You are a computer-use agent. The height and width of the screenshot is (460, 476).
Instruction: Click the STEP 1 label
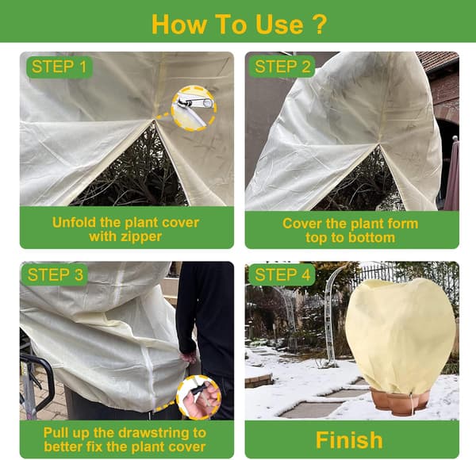click(59, 67)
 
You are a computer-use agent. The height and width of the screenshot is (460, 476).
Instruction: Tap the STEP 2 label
click(282, 67)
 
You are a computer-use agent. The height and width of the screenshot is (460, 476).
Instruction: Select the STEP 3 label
click(55, 275)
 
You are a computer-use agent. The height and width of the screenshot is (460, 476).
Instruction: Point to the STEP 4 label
click(282, 275)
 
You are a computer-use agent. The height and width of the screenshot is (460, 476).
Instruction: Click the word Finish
click(349, 439)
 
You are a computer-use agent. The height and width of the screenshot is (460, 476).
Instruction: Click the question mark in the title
click(319, 24)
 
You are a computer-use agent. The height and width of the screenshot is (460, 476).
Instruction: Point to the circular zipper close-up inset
click(194, 109)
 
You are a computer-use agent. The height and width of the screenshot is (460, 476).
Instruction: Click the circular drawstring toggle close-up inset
click(199, 397)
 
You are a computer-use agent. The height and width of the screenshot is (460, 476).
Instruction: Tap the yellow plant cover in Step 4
click(401, 336)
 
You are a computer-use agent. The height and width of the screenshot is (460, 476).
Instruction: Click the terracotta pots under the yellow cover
click(399, 402)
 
